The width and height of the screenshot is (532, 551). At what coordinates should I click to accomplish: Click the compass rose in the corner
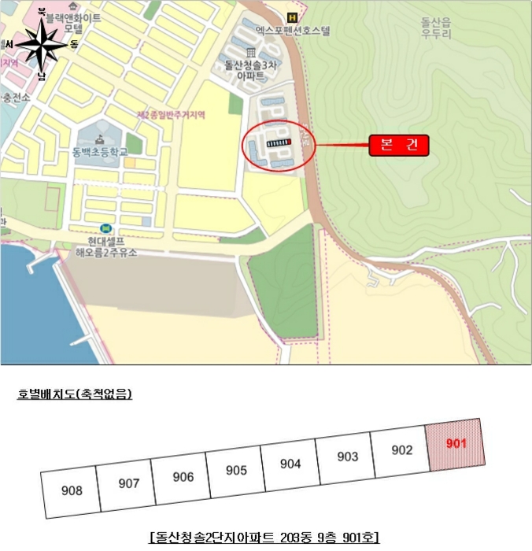point(41,47)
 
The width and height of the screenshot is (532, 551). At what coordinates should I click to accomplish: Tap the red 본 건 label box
point(398,145)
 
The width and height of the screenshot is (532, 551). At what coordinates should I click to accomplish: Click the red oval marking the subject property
point(279,145)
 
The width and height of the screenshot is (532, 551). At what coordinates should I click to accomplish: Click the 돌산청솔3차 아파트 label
point(250,70)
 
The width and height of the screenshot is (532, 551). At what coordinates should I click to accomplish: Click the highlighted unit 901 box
point(456,444)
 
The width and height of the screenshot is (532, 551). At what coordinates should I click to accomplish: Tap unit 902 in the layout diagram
point(401,451)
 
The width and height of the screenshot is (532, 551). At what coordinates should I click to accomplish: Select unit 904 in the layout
point(290,464)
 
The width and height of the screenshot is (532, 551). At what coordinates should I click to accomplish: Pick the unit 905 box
point(236,471)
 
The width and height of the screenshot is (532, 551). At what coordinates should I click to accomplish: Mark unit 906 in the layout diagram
point(183,477)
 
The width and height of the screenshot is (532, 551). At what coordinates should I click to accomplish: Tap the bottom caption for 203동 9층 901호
point(265,538)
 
